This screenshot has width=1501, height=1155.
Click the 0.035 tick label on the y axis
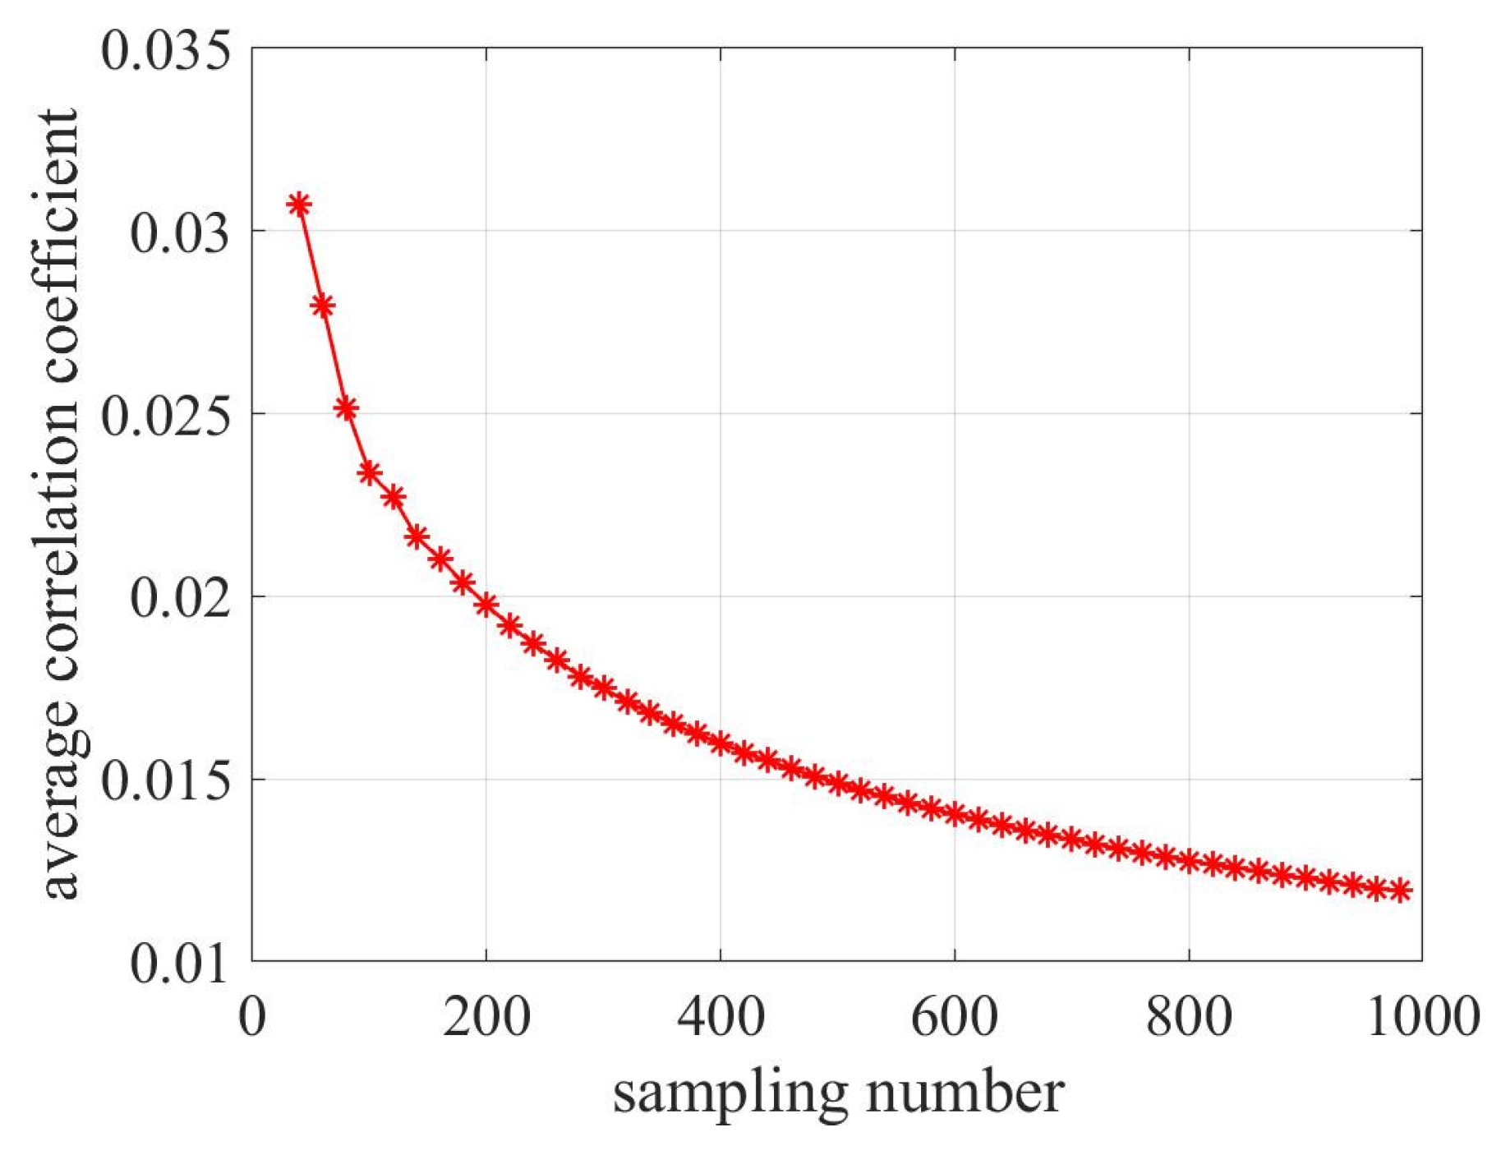(x=164, y=50)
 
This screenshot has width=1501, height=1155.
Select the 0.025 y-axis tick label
(x=164, y=415)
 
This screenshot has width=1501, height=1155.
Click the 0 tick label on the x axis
(x=252, y=1016)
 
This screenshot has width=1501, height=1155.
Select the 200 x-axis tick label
(x=486, y=1016)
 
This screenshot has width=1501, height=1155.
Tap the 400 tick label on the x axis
(x=721, y=1016)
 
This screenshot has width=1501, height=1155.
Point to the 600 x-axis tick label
(x=955, y=1016)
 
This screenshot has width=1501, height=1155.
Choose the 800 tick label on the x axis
(x=1189, y=1016)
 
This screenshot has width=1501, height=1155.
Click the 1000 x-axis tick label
(x=1423, y=1016)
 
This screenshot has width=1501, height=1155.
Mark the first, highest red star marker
(x=299, y=205)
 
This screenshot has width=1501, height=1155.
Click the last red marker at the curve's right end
(x=1400, y=890)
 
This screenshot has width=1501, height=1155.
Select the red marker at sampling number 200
(x=486, y=605)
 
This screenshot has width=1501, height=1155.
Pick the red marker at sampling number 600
(x=955, y=815)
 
